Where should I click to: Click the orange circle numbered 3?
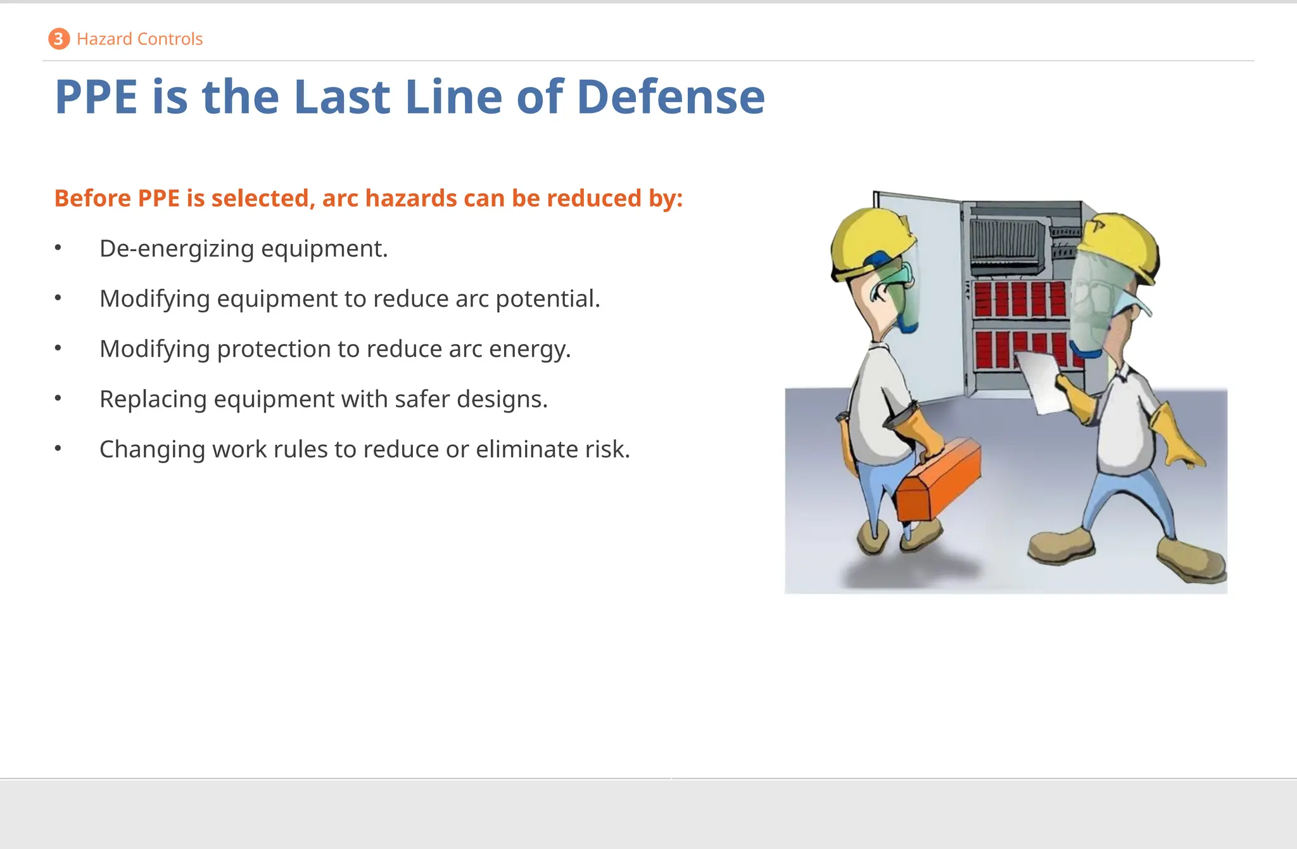(x=58, y=39)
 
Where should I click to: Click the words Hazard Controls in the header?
(x=139, y=39)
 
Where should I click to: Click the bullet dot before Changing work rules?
(x=58, y=449)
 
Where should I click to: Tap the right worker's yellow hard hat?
(x=1121, y=244)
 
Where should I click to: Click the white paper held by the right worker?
(x=1042, y=380)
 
